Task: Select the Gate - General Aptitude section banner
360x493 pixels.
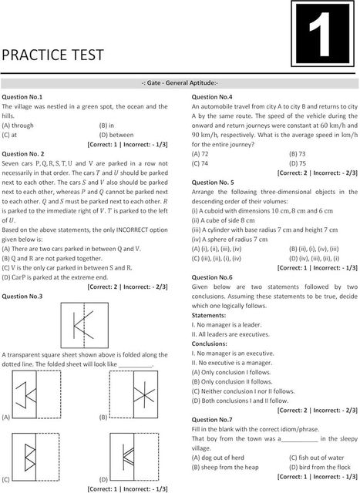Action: pyautogui.click(x=180, y=82)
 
